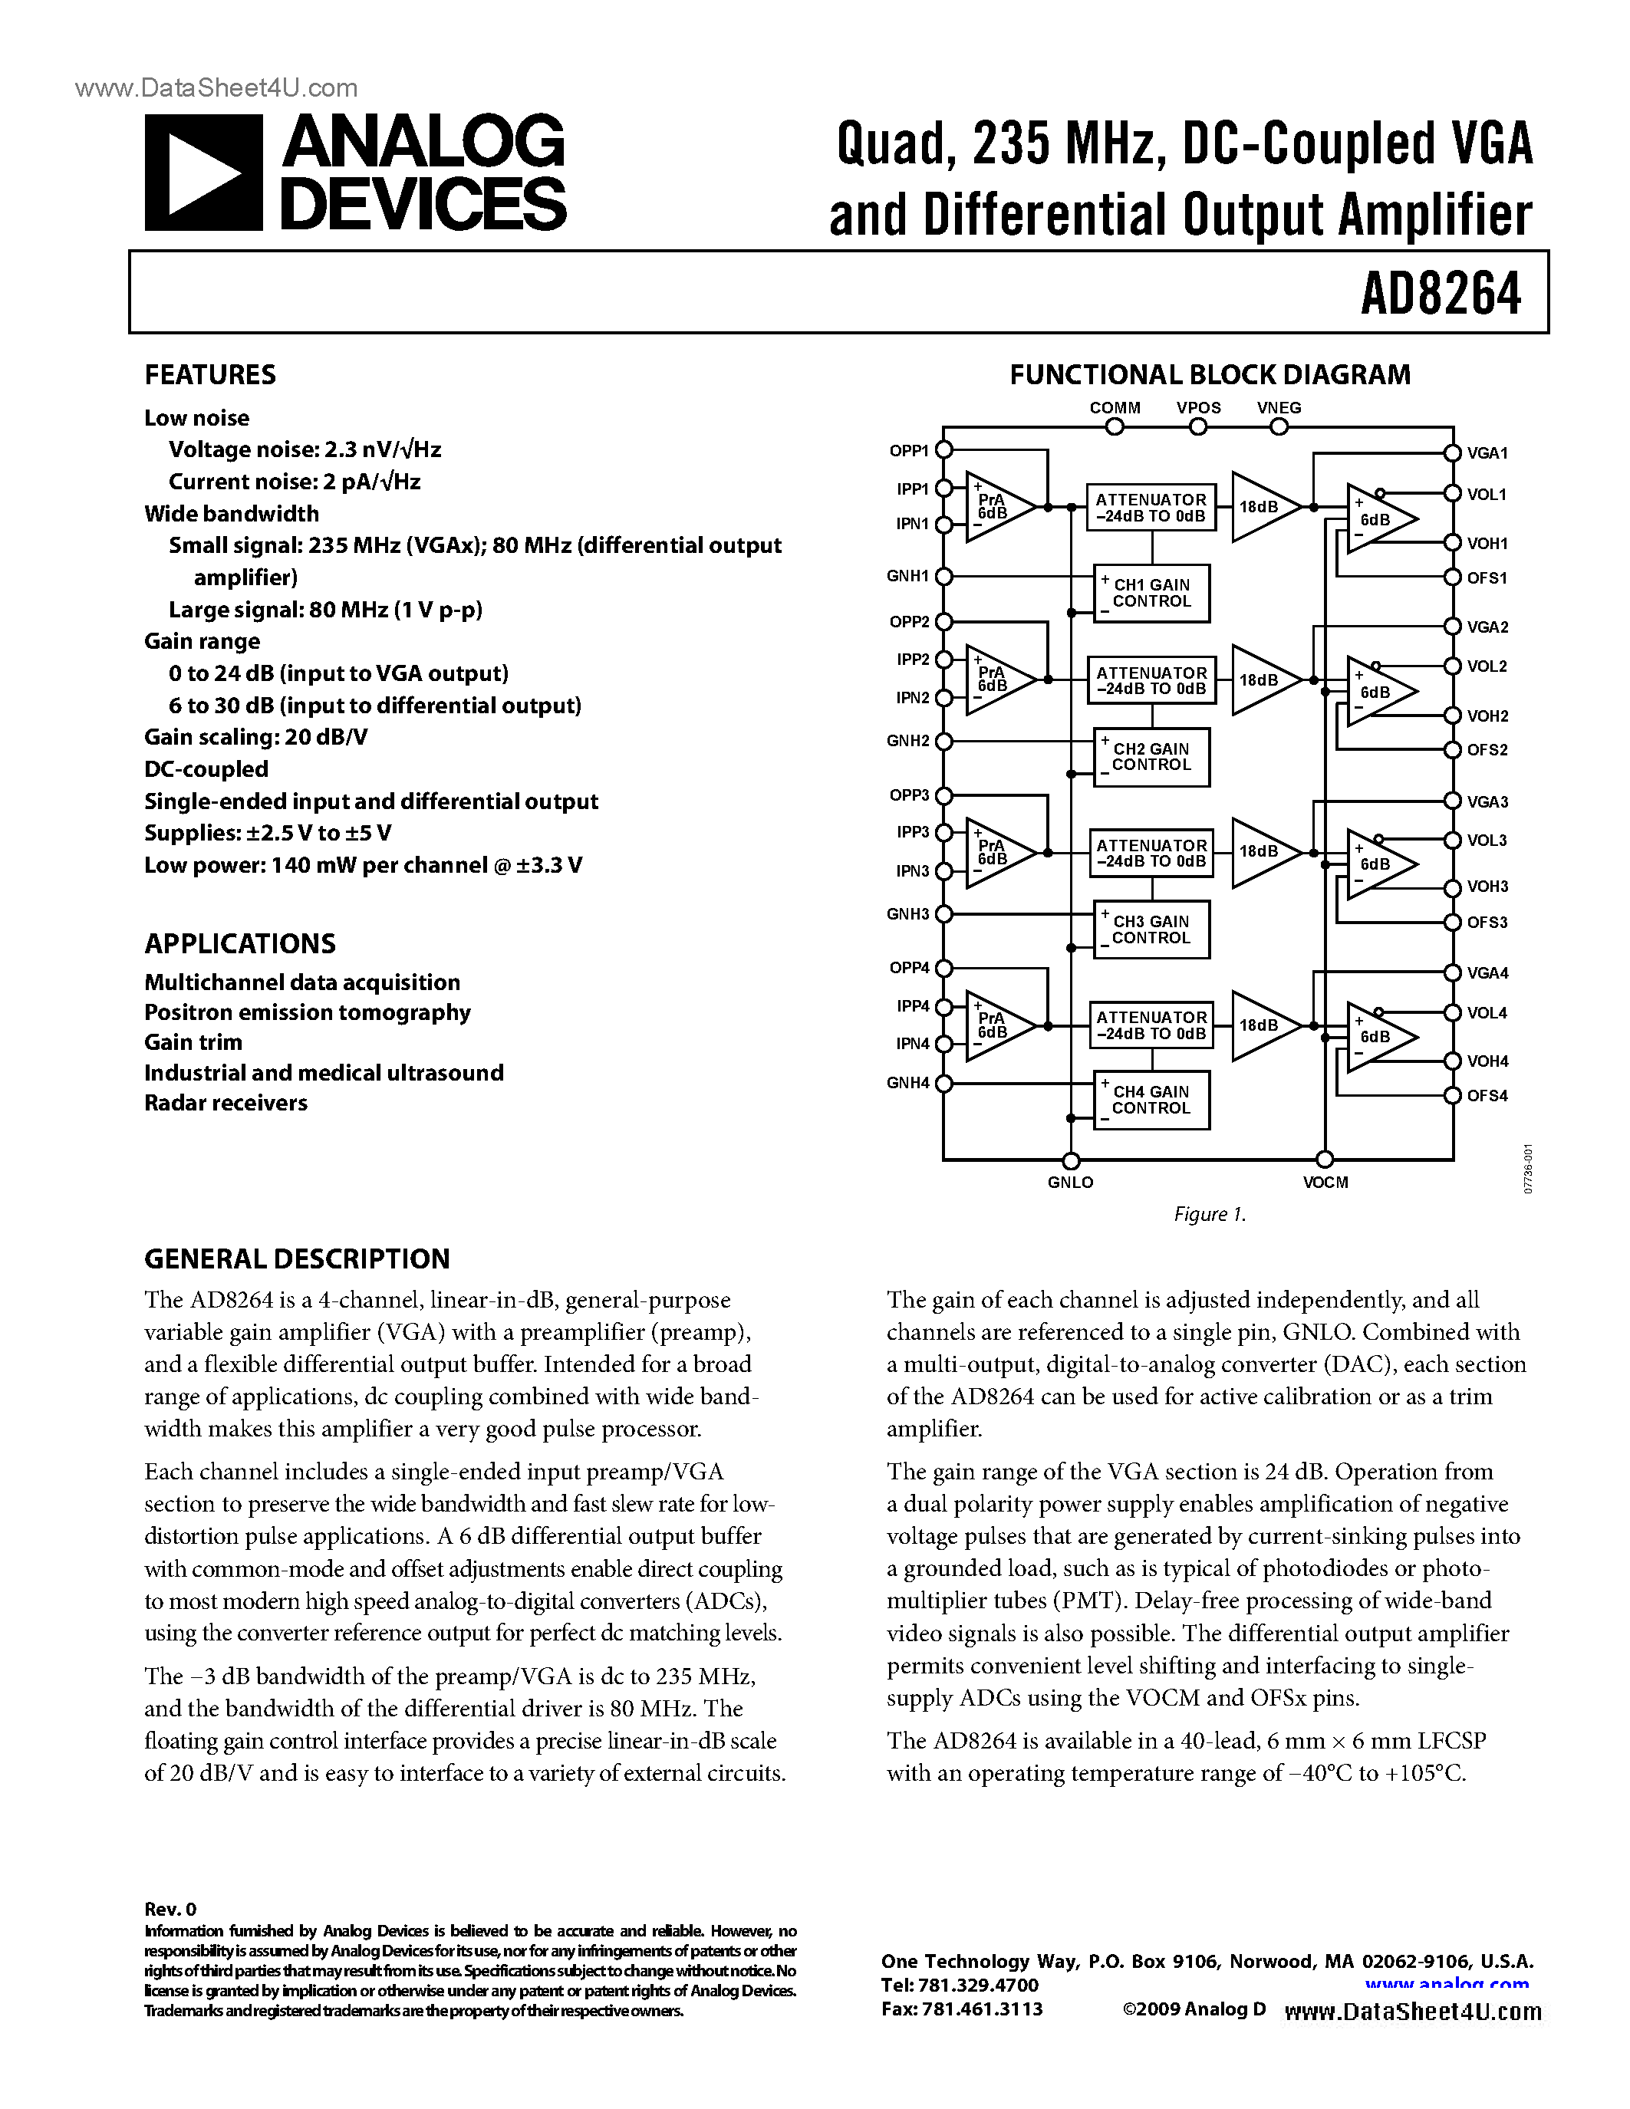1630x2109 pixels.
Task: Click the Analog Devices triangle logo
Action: pyautogui.click(x=203, y=173)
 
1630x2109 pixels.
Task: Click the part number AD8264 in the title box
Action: pyautogui.click(x=1440, y=294)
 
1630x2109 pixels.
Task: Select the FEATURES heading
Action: pyautogui.click(x=209, y=375)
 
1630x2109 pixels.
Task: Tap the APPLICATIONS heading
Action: pyautogui.click(x=239, y=943)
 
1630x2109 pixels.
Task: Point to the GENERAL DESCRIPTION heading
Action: pyautogui.click(x=296, y=1258)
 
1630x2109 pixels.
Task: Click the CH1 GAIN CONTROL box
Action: pyautogui.click(x=1151, y=593)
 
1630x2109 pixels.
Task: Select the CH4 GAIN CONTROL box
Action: pyautogui.click(x=1151, y=1100)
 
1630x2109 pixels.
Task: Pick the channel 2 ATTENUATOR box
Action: pyautogui.click(x=1151, y=679)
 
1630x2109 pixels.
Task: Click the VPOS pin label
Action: pyautogui.click(x=1198, y=407)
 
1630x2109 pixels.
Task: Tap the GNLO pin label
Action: pyautogui.click(x=1070, y=1182)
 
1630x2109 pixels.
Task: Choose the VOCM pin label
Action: pyautogui.click(x=1325, y=1182)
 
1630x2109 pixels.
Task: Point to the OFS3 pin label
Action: pyautogui.click(x=1487, y=922)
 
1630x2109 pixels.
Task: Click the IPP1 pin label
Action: pyautogui.click(x=911, y=489)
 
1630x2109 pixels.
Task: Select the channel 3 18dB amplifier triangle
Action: pyautogui.click(x=1261, y=852)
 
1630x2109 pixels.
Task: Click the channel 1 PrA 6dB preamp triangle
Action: pyautogui.click(x=995, y=507)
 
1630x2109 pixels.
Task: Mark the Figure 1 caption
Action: pyautogui.click(x=1210, y=1214)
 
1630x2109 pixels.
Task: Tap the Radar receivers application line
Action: pyautogui.click(x=226, y=1103)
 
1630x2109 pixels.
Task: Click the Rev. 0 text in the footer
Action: pyautogui.click(x=170, y=1908)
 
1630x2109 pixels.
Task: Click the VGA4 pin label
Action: pyautogui.click(x=1487, y=973)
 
